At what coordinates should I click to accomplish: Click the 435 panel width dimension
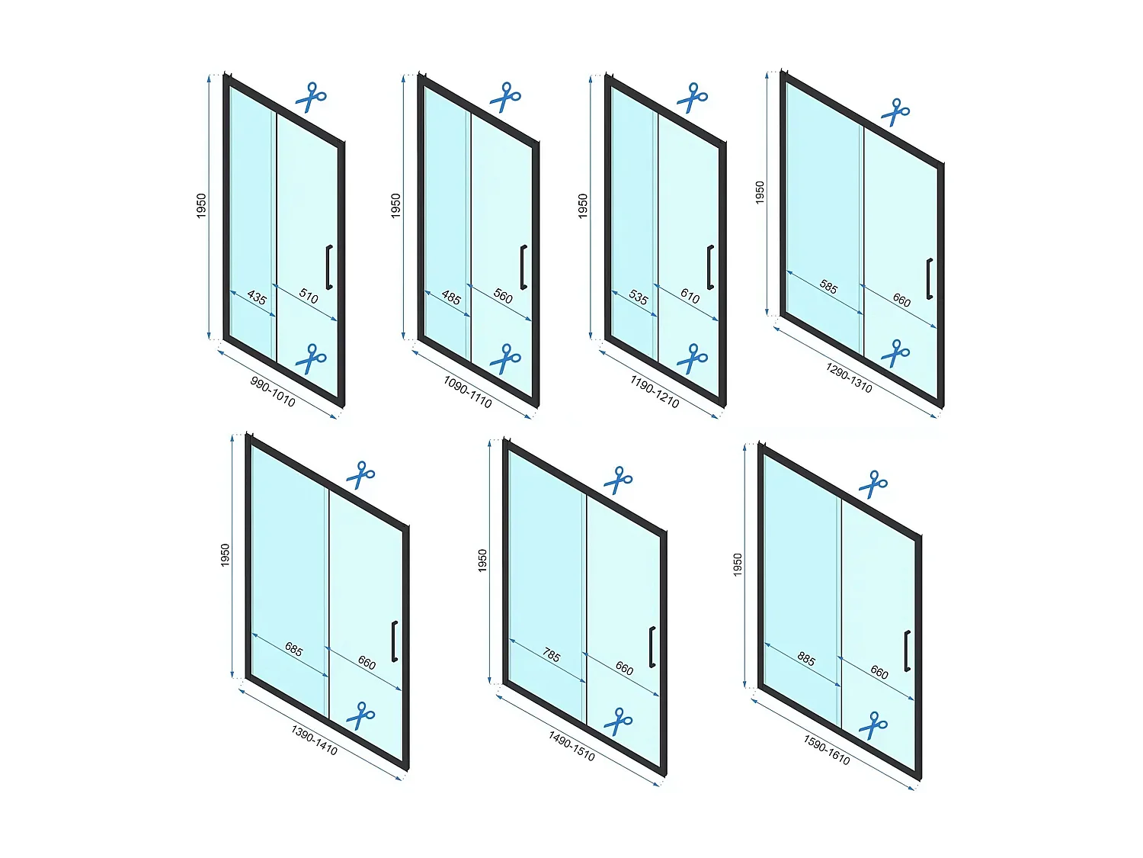[257, 297]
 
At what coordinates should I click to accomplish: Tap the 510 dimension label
[309, 297]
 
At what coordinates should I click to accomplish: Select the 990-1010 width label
[273, 392]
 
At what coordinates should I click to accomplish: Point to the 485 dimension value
[451, 297]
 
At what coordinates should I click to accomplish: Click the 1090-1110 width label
[467, 392]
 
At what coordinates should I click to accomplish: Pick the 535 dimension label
[639, 297]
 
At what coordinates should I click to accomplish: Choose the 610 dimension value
[690, 297]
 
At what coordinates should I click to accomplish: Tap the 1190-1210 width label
[655, 392]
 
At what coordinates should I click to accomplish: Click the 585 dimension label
[828, 287]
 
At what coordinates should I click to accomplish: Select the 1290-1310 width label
[849, 378]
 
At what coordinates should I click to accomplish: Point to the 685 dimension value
[293, 649]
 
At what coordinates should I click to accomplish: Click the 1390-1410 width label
[314, 741]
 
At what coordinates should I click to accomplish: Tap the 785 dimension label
[552, 655]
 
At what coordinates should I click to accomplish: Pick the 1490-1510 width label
[571, 746]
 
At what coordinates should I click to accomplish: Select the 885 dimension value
[806, 659]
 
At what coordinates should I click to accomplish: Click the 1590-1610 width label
[827, 750]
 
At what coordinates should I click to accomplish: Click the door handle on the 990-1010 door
[328, 267]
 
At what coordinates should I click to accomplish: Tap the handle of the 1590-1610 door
[907, 651]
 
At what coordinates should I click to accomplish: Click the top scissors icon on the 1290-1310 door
[895, 112]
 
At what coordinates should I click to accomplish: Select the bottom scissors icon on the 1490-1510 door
[618, 721]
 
